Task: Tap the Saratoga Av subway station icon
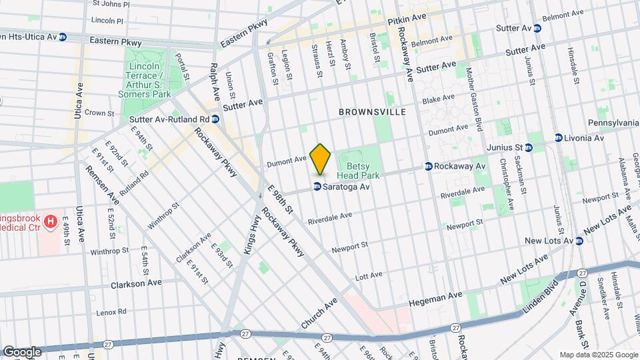coord(317,187)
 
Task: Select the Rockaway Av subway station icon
coord(429,166)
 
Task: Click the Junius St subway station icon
coord(531,147)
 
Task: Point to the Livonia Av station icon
coord(559,138)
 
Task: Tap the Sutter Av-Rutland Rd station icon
coord(215,119)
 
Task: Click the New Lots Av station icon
coord(579,241)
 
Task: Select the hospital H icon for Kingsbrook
coord(50,220)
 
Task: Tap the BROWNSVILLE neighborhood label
coord(372,113)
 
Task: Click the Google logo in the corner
coord(22,351)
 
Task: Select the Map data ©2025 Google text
coord(598,355)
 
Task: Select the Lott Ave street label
coord(369,275)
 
